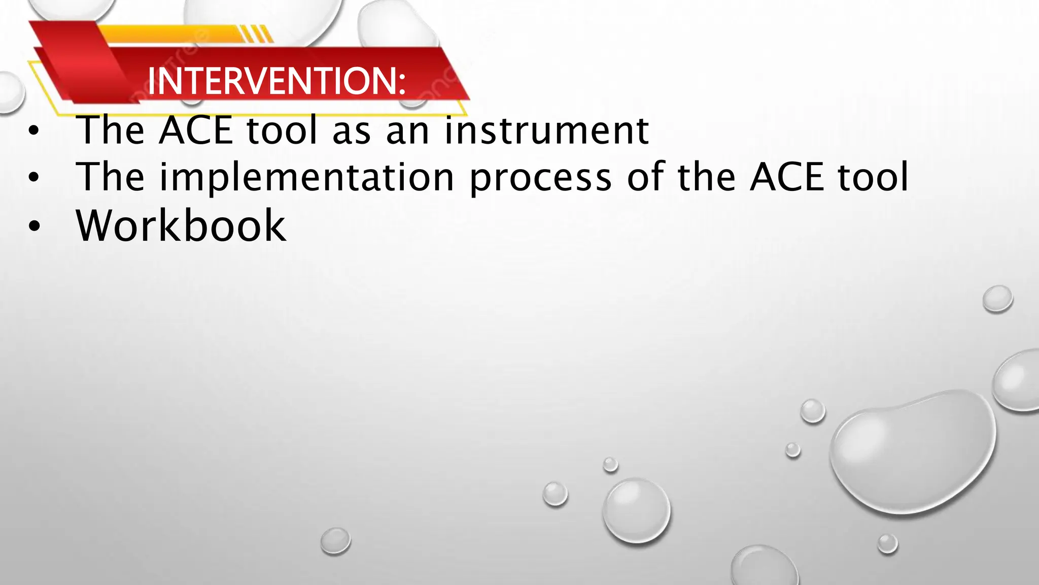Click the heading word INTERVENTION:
[276, 81]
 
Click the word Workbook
[181, 225]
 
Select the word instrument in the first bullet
[547, 131]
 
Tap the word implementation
[306, 178]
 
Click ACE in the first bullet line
[195, 131]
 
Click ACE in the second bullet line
[787, 177]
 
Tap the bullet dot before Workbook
[33, 226]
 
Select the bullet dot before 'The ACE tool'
[33, 131]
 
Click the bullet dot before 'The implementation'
[33, 178]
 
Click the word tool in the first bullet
[282, 131]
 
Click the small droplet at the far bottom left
[335, 540]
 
